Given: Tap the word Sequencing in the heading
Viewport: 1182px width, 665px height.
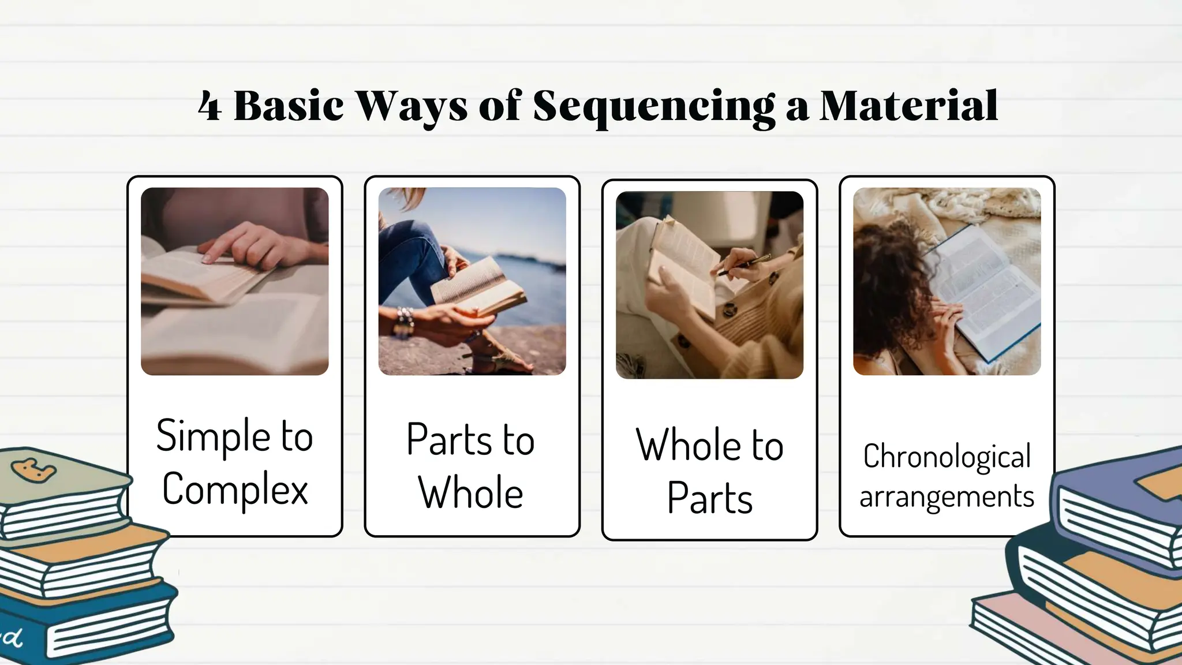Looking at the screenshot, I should (653, 107).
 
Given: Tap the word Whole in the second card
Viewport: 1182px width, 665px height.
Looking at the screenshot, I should (470, 494).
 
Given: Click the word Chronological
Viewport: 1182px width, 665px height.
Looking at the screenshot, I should (947, 457).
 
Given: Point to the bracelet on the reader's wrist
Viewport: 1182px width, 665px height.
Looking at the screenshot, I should (404, 322).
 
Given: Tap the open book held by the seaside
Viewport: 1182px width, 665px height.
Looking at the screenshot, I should (479, 286).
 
